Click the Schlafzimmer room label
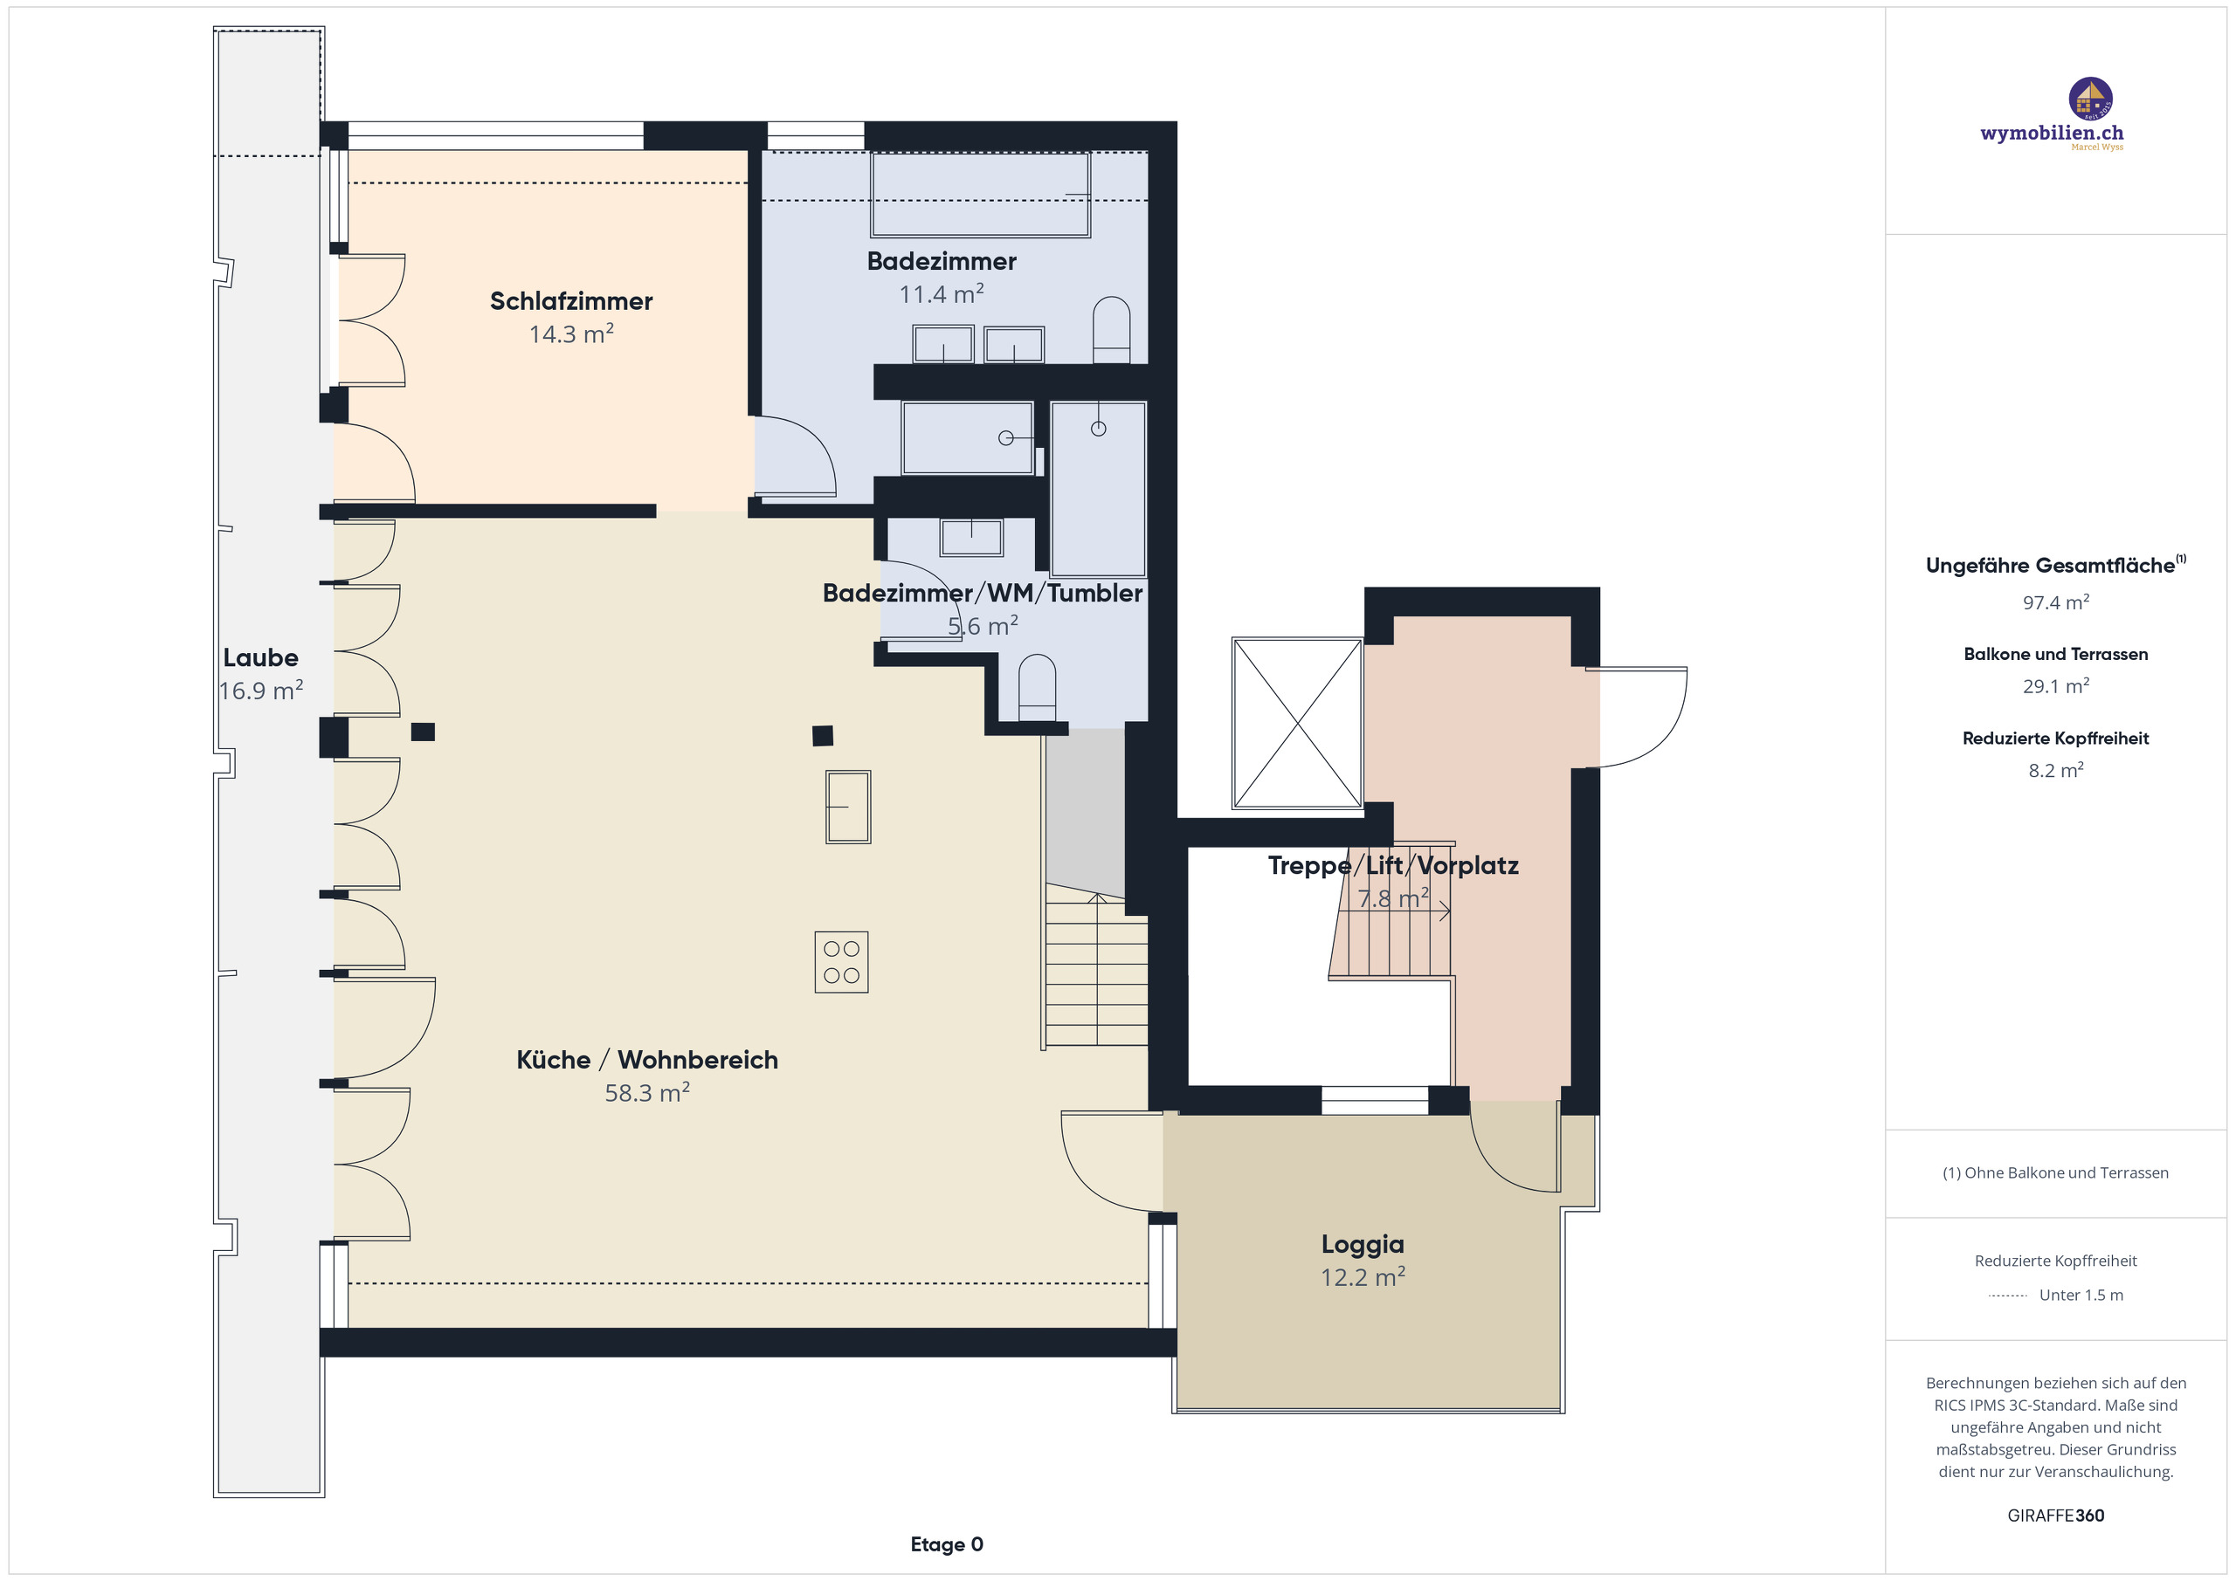point(570,301)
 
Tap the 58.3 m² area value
point(646,1092)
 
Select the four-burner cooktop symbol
point(841,962)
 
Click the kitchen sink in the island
point(847,806)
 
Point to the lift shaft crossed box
point(1297,724)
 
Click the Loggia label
point(1363,1244)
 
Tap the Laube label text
point(260,657)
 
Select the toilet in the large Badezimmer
point(1111,330)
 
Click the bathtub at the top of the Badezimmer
point(980,195)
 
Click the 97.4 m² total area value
point(2055,602)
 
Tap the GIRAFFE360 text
point(2055,1515)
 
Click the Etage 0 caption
point(947,1544)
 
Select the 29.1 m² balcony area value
point(2055,686)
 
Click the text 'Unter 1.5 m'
point(2081,1295)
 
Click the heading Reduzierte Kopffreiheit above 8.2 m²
point(2055,738)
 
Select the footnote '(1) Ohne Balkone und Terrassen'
point(2055,1172)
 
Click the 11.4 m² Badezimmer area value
point(941,294)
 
